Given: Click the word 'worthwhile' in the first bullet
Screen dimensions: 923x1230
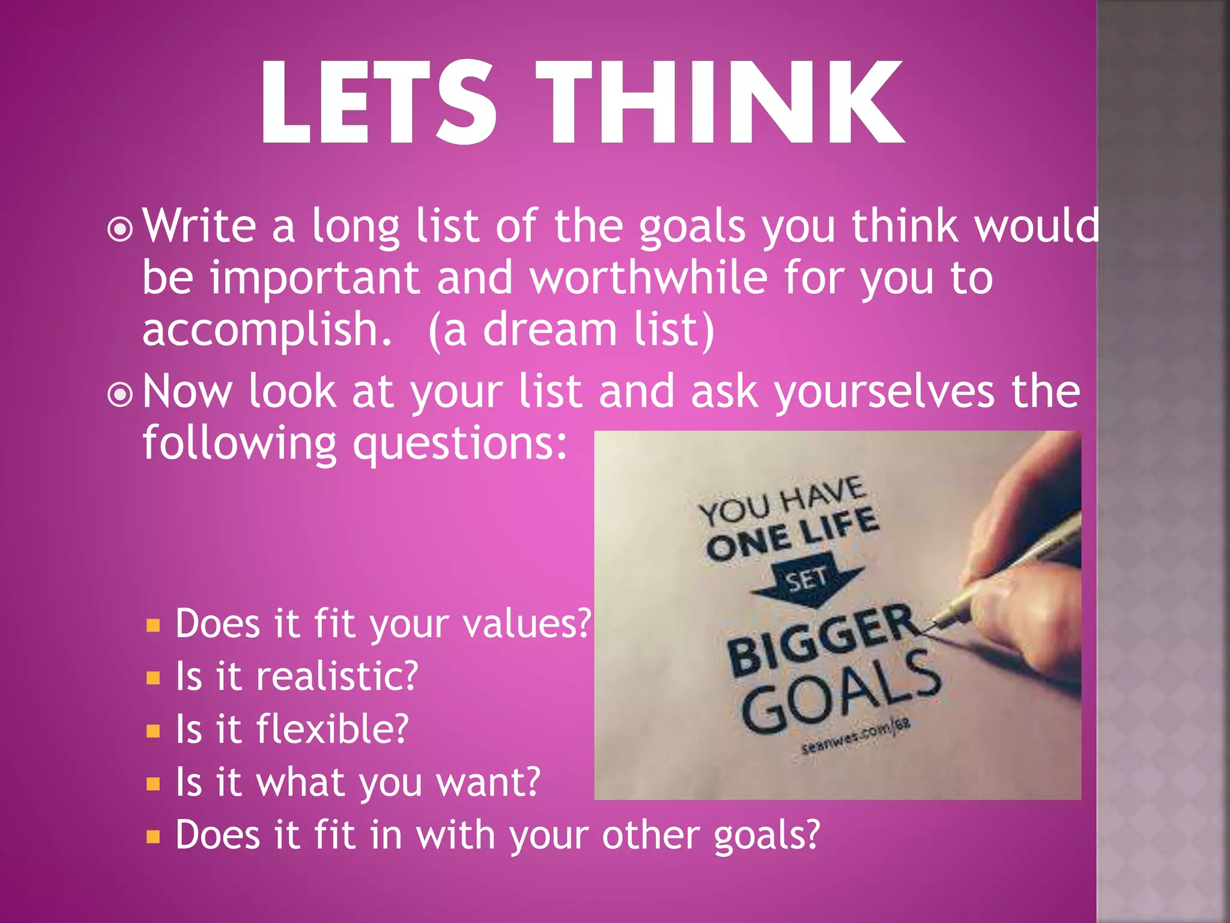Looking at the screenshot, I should click(649, 278).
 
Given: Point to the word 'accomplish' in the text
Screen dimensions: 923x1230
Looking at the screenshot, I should click(267, 331).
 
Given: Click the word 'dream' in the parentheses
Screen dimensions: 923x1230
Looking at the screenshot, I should click(550, 331).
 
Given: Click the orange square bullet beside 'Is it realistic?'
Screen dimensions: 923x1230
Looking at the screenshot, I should click(153, 678).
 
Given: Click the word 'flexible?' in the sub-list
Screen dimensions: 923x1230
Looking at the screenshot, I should click(333, 730).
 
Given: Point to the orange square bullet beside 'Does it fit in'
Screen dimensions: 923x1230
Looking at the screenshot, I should click(153, 837).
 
